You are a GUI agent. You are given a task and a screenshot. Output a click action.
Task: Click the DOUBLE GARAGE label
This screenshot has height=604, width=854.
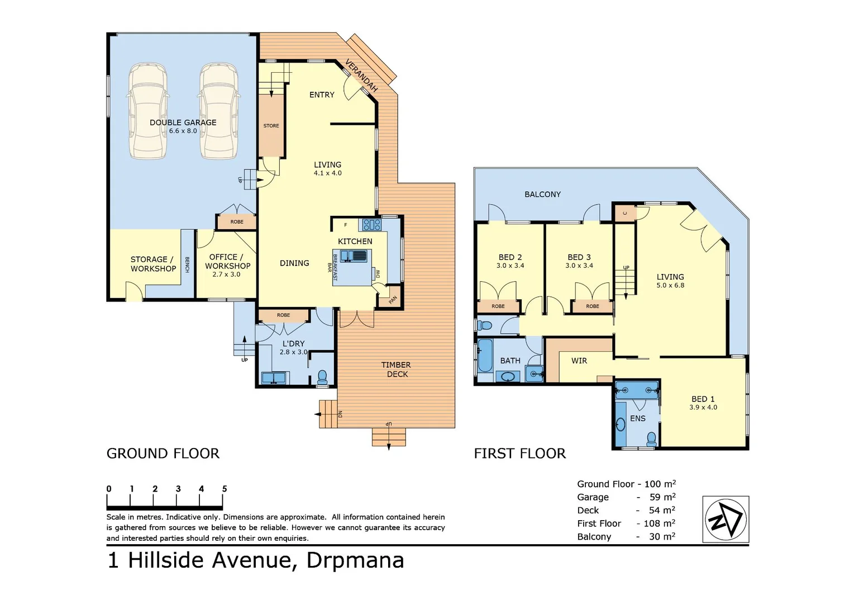click(x=183, y=122)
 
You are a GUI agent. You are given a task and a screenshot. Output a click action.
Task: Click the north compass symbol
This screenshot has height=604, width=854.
click(x=725, y=519)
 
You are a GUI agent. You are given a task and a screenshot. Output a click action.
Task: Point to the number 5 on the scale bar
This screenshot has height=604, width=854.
click(x=225, y=489)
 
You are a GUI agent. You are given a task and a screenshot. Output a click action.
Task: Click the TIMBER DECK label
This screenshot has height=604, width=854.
click(x=397, y=369)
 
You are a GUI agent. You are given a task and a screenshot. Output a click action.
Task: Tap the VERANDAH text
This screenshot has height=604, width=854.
click(x=361, y=75)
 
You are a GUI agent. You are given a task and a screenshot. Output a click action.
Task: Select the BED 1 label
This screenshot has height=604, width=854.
click(x=703, y=399)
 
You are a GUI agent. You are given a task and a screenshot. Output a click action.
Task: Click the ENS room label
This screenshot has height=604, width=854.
click(x=637, y=418)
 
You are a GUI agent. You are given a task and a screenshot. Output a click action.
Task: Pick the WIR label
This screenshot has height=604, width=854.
click(x=579, y=361)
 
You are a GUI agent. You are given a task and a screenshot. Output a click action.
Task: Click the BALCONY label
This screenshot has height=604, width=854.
click(x=542, y=195)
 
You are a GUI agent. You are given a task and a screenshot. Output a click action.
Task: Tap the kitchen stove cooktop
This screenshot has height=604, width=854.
click(x=372, y=225)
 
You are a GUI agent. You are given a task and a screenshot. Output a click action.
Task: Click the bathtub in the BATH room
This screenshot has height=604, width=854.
click(x=485, y=356)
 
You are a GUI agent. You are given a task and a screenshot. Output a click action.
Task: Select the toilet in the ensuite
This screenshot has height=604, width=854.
click(x=651, y=438)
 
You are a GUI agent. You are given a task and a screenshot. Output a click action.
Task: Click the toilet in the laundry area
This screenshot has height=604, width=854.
click(x=322, y=377)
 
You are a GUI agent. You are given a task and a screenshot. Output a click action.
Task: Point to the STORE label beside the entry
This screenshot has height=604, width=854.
click(x=271, y=126)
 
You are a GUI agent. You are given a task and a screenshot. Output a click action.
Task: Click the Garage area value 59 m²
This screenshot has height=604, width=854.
click(x=662, y=497)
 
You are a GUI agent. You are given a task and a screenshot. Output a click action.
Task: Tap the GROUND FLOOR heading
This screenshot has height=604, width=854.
click(x=163, y=454)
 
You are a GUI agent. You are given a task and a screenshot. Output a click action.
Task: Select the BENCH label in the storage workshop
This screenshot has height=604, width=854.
click(x=187, y=265)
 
